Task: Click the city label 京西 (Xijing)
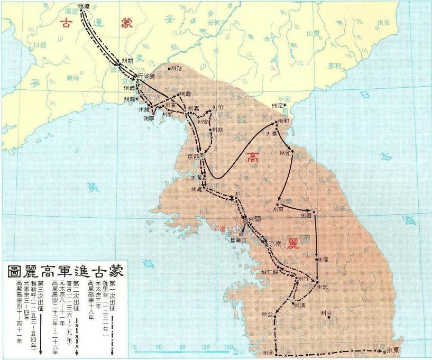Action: pyautogui.click(x=192, y=157)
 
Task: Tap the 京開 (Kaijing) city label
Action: pyautogui.click(x=253, y=220)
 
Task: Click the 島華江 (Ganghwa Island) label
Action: pyautogui.click(x=240, y=239)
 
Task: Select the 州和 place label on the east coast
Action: pyautogui.click(x=283, y=121)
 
